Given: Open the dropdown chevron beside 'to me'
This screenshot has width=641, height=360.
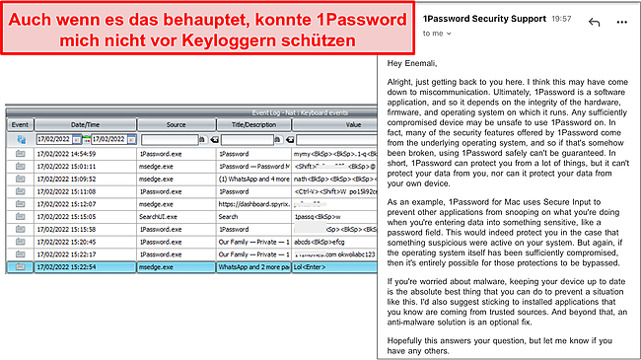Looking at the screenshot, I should tap(424, 32).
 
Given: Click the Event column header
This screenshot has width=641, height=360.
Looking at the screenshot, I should tap(19, 125).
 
